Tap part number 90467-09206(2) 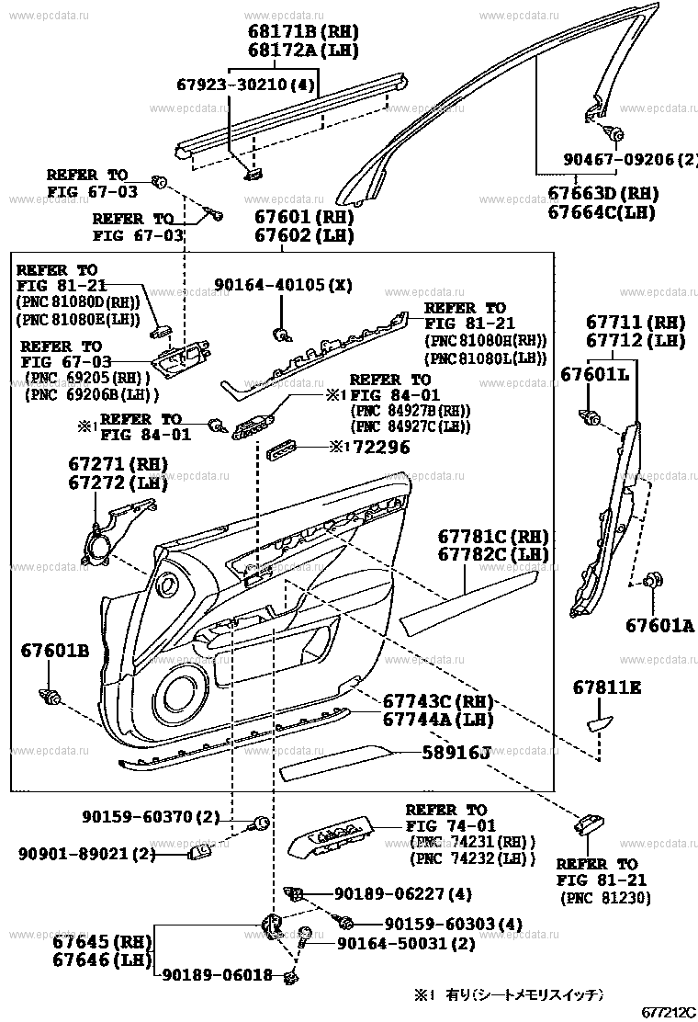tap(630, 158)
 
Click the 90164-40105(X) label tap(283, 285)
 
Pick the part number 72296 tap(377, 448)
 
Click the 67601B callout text tap(55, 652)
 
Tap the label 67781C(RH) tap(492, 537)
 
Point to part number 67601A tap(659, 626)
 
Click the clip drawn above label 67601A tap(654, 580)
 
